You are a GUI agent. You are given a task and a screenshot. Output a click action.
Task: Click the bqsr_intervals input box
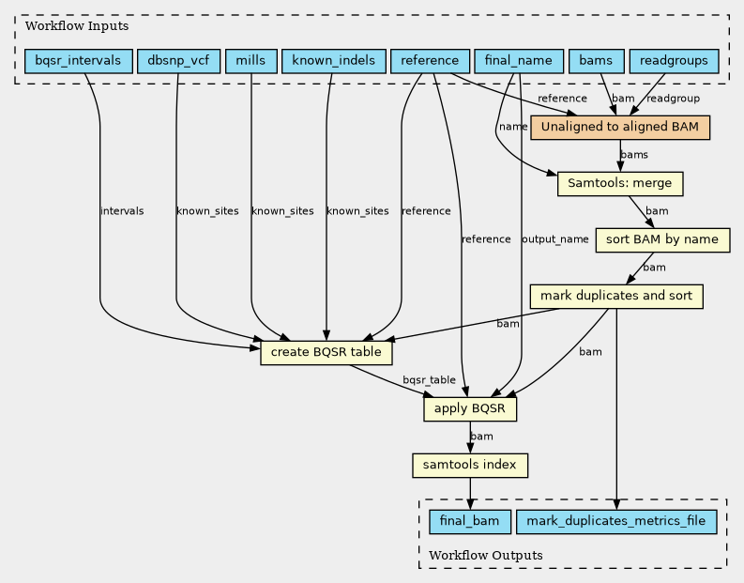click(x=78, y=61)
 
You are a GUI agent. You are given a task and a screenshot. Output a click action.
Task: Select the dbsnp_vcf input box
click(x=178, y=61)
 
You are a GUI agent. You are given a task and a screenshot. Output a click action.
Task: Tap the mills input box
click(x=251, y=61)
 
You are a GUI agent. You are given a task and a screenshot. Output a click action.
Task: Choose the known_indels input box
click(x=334, y=61)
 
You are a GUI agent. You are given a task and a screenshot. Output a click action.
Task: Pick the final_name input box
click(x=519, y=61)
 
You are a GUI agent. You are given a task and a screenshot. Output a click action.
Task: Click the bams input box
click(x=596, y=61)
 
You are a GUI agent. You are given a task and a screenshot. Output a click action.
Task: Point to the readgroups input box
click(x=674, y=61)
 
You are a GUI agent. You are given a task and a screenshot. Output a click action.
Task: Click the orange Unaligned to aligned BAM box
click(x=620, y=128)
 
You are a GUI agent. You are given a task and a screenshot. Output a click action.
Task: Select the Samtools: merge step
click(x=620, y=184)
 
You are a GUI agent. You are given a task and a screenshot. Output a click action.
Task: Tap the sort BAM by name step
click(x=662, y=239)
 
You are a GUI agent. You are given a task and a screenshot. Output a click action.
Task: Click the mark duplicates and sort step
click(x=616, y=297)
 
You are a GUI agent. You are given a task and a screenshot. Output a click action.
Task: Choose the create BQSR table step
click(x=326, y=353)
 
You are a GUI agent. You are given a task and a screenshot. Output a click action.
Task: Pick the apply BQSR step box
click(x=470, y=408)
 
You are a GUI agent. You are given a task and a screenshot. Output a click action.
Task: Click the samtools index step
click(x=470, y=466)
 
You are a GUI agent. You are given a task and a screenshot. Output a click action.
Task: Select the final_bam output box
click(x=470, y=522)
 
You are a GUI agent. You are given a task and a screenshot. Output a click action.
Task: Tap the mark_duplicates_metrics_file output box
click(x=616, y=522)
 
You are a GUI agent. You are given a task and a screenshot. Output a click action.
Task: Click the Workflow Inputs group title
click(x=77, y=25)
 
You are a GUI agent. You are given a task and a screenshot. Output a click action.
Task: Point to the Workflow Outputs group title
click(x=486, y=556)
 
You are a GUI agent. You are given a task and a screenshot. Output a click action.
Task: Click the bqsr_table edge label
click(x=429, y=380)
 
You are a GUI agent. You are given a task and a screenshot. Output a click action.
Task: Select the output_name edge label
click(x=555, y=239)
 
